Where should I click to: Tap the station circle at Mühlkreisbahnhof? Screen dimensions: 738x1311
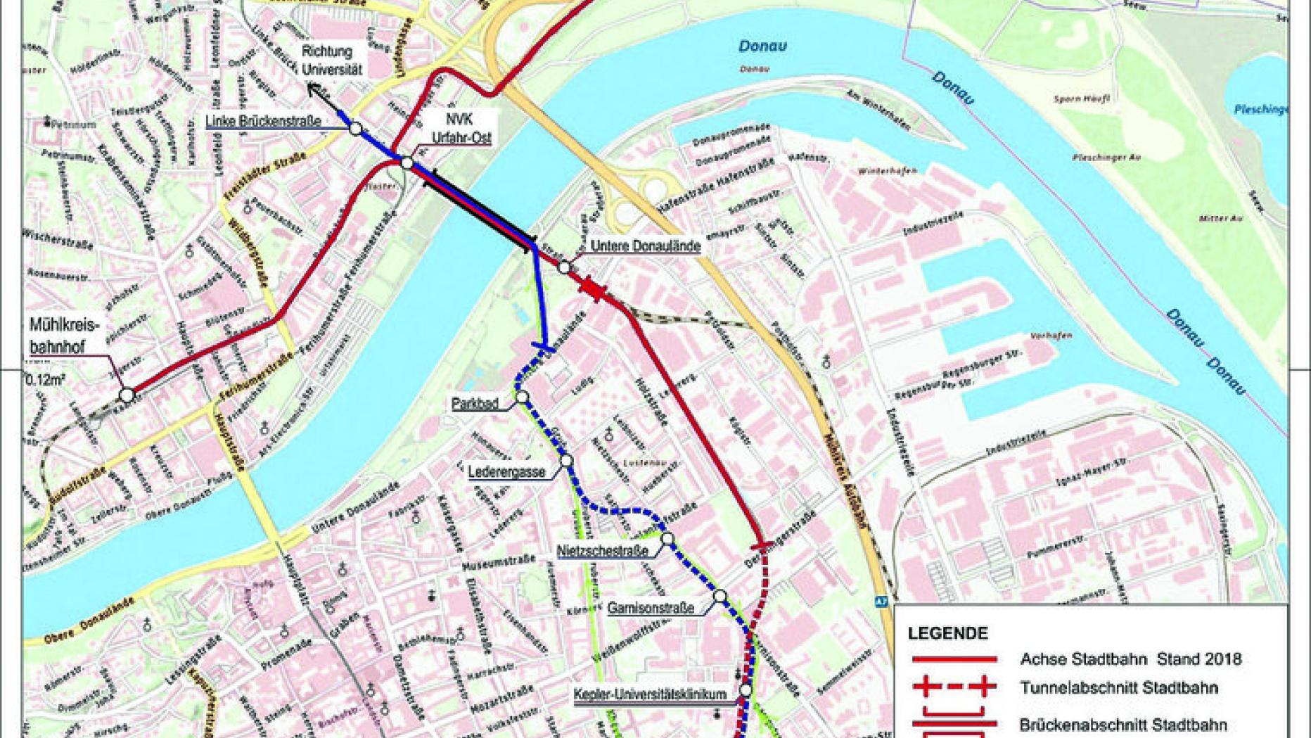[x=127, y=395]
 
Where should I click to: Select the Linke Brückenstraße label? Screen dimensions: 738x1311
[x=263, y=122]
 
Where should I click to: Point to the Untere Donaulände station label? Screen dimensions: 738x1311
[x=645, y=246]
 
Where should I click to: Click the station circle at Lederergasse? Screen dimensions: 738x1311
[x=566, y=462]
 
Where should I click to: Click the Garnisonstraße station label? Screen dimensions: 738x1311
[x=651, y=607]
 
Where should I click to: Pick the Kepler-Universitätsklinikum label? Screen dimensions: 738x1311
[x=650, y=694]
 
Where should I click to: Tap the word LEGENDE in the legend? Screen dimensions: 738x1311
[x=947, y=633]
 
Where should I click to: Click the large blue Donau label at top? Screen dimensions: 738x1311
[x=762, y=46]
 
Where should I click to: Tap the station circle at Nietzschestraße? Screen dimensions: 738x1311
[x=667, y=540]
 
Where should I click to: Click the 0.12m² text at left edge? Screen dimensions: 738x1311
[x=46, y=380]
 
